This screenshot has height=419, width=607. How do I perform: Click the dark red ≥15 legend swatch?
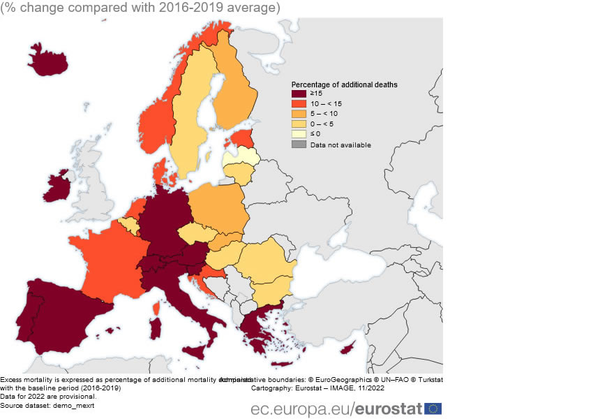(x=299, y=94)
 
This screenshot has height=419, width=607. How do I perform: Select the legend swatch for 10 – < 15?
(x=299, y=103)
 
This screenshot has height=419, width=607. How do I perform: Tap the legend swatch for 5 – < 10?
(x=299, y=113)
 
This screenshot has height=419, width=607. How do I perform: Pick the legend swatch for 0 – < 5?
(x=299, y=124)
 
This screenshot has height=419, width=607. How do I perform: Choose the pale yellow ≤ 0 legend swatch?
(x=299, y=133)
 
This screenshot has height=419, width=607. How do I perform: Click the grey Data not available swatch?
(x=299, y=145)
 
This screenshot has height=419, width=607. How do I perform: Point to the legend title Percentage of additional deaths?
(x=345, y=84)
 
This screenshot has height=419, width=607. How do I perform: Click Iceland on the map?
(x=49, y=59)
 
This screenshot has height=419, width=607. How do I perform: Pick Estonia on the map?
(x=242, y=138)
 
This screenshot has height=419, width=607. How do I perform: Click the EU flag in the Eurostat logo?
(x=433, y=409)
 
